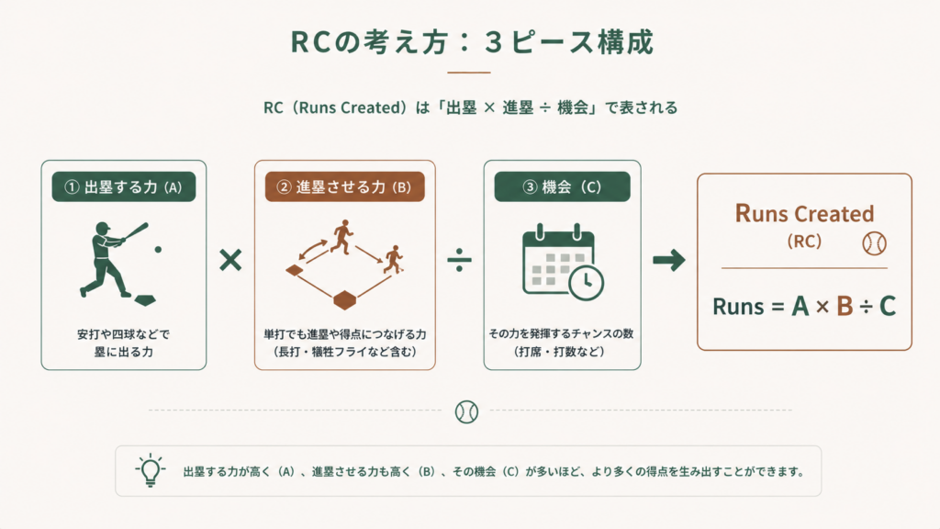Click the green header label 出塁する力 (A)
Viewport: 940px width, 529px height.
tap(124, 186)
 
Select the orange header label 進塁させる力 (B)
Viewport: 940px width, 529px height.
tap(345, 186)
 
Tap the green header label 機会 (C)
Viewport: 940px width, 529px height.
tap(563, 186)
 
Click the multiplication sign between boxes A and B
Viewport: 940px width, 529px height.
tap(230, 260)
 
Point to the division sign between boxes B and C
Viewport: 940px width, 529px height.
tap(459, 260)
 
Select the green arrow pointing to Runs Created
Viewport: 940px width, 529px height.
tap(669, 260)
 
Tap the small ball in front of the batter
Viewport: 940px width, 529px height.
tap(158, 250)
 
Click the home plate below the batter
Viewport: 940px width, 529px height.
tap(145, 300)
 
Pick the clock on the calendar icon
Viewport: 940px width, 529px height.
tap(587, 283)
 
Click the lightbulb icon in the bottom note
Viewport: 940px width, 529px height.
tap(150, 470)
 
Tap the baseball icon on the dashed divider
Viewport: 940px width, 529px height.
tap(466, 411)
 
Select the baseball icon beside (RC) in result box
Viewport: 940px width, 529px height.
tap(874, 243)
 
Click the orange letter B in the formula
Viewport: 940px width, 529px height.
tap(845, 307)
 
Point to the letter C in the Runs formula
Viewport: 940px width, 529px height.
tap(888, 307)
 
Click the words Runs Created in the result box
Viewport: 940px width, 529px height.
tap(804, 213)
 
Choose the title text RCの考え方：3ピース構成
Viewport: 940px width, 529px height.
tap(472, 42)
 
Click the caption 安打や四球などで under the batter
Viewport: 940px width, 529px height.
tap(124, 334)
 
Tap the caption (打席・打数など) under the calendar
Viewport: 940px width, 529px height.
tap(562, 352)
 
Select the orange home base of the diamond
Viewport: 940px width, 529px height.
tap(345, 300)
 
